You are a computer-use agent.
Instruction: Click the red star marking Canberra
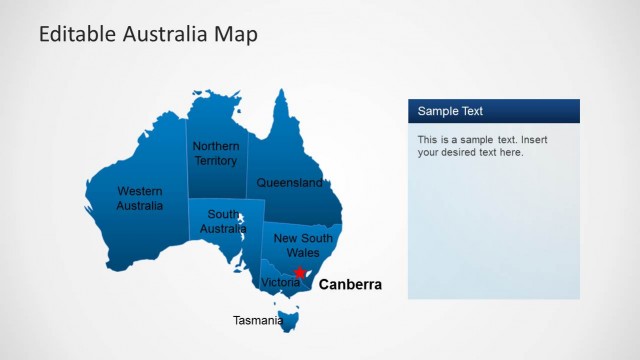(x=299, y=272)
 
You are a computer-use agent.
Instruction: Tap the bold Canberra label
(x=350, y=285)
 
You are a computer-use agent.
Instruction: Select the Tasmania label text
(x=258, y=321)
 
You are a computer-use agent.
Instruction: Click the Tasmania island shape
(x=291, y=320)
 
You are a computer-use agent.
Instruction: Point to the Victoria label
(x=280, y=283)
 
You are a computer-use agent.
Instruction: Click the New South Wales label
(x=303, y=245)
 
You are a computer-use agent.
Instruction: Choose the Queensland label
(x=289, y=183)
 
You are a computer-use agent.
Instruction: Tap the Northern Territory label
(x=216, y=153)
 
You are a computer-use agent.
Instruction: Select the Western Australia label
(x=139, y=198)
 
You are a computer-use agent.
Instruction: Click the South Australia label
(x=223, y=221)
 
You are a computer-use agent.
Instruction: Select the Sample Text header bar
(x=493, y=111)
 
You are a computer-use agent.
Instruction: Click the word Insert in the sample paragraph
(x=533, y=140)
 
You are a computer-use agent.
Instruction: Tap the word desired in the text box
(x=463, y=153)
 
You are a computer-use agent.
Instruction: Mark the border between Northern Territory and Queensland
(x=247, y=160)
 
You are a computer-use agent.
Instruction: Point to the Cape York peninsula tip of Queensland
(x=284, y=93)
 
